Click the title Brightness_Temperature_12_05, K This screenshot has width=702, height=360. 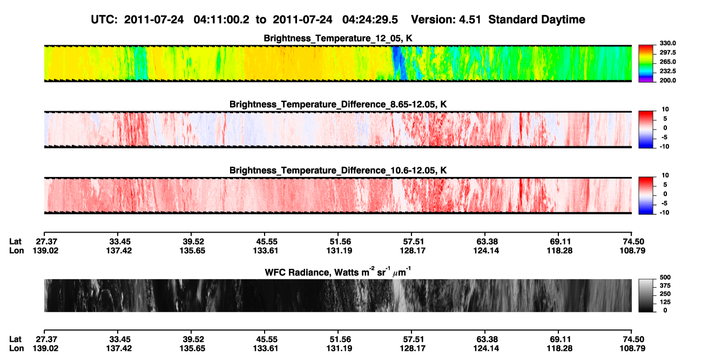[x=338, y=38]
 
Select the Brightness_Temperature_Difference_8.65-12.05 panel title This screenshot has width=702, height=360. [x=338, y=104]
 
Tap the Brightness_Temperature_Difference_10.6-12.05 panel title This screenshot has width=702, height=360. [x=338, y=171]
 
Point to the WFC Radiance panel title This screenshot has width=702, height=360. [x=338, y=272]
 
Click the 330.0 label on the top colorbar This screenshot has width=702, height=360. [x=667, y=43]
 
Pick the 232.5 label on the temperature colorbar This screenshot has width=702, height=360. [x=667, y=71]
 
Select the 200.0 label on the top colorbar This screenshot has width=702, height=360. [x=667, y=80]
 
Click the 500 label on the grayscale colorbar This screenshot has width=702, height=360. [x=665, y=277]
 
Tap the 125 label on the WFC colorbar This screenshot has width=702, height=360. [x=665, y=302]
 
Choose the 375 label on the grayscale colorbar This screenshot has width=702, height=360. [x=665, y=286]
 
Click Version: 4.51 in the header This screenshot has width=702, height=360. [x=446, y=19]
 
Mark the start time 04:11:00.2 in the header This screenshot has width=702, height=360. [x=221, y=19]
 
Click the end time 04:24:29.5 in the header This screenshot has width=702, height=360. [x=370, y=19]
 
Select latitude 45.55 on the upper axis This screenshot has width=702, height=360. [x=266, y=242]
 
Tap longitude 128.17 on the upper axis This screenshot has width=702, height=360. [x=413, y=250]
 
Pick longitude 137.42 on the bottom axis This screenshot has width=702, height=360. [x=119, y=349]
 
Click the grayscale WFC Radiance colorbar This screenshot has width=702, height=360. [x=646, y=295]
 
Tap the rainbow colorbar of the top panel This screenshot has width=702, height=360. [x=646, y=64]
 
